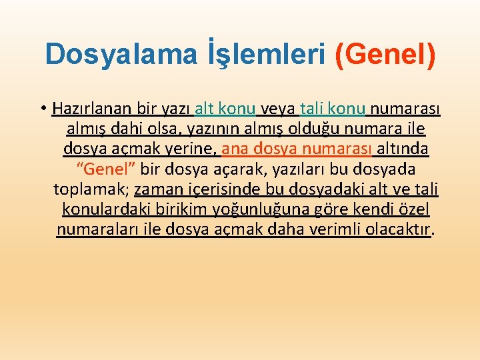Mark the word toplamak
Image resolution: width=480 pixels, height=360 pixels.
pos(91,189)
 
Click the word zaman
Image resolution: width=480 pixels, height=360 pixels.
pos(157,189)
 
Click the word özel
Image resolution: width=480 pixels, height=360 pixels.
pos(415,210)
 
